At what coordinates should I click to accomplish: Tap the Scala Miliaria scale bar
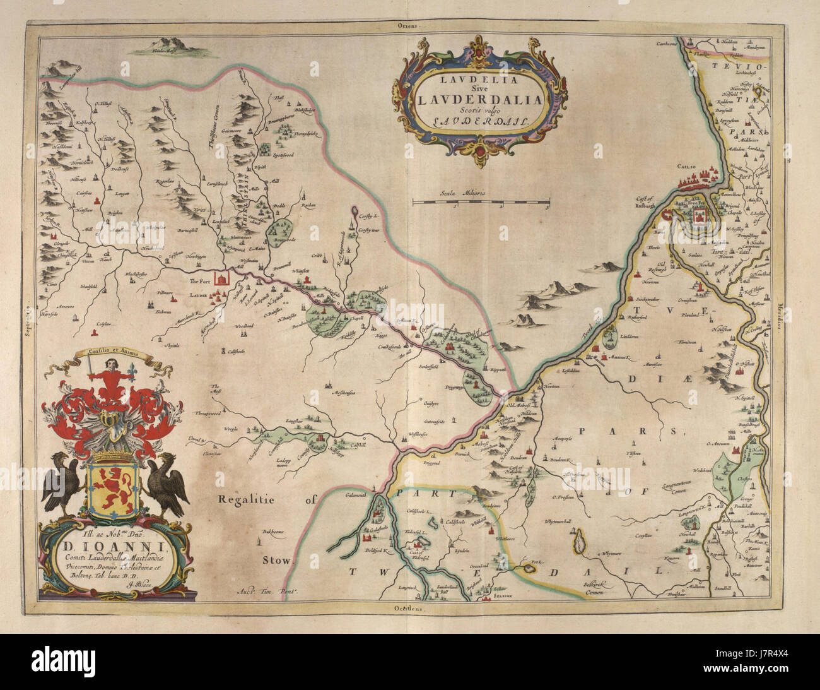pyautogui.click(x=480, y=202)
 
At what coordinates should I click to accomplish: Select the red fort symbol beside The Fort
pyautogui.click(x=222, y=278)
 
